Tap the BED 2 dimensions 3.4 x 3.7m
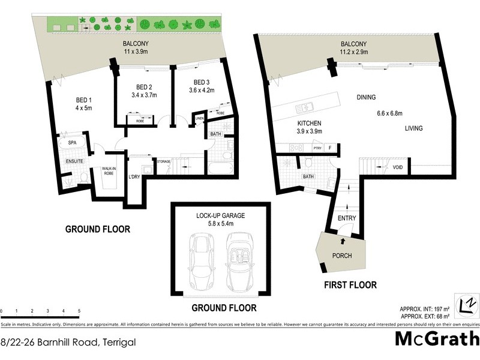(x=143, y=95)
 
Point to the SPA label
(x=72, y=143)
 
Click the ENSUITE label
(x=74, y=161)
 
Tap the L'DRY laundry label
(x=134, y=176)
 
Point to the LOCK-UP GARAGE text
(x=220, y=215)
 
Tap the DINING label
(x=367, y=97)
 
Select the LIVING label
(x=413, y=128)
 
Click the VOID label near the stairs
(x=397, y=168)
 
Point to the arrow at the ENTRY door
(x=343, y=241)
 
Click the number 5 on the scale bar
(x=79, y=311)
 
